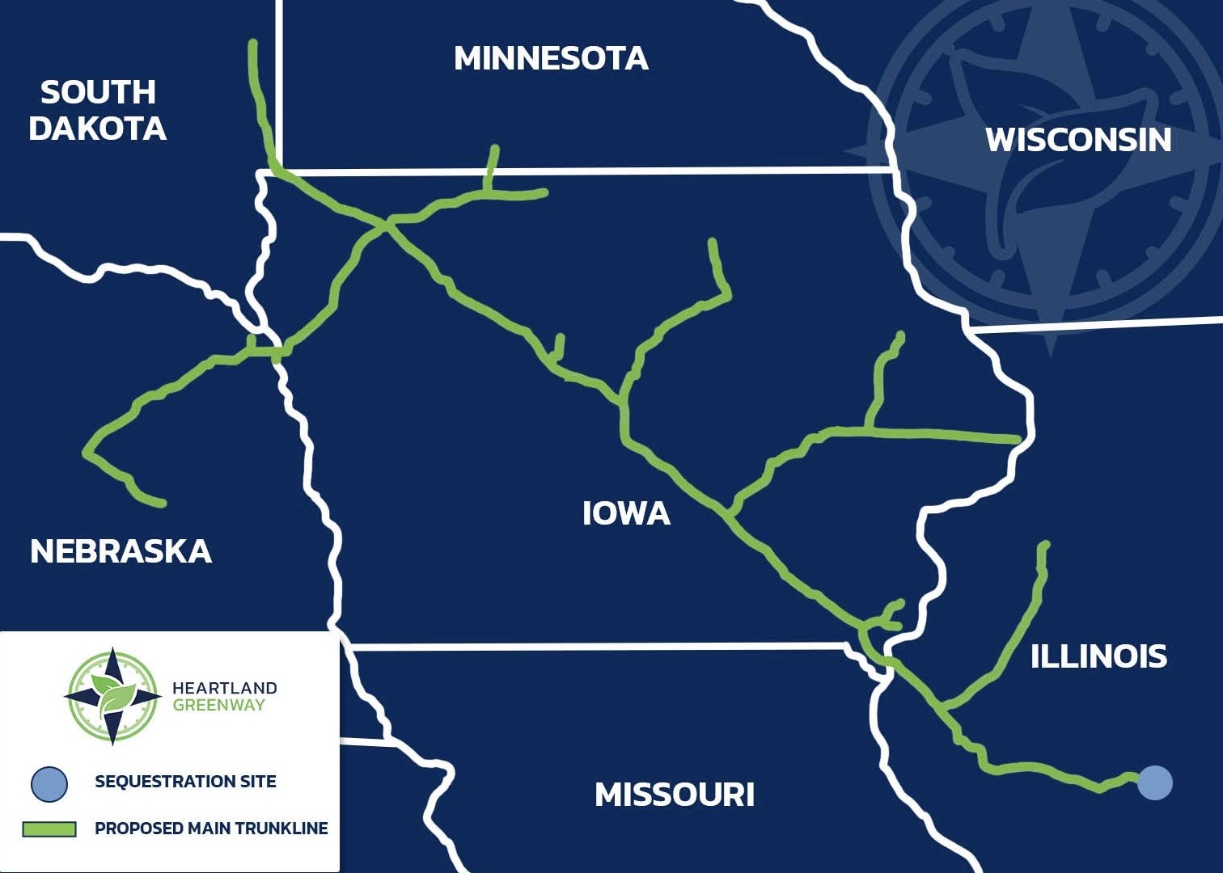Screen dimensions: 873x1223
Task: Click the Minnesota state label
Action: [x=551, y=58]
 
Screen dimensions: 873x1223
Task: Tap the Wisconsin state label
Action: [x=1078, y=140]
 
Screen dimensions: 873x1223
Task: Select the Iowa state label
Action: [x=626, y=513]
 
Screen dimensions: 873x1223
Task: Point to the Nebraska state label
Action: [x=121, y=551]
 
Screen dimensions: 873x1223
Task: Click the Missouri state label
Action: [x=675, y=795]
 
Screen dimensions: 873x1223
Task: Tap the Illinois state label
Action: [x=1098, y=656]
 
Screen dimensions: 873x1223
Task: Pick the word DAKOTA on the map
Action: [x=97, y=129]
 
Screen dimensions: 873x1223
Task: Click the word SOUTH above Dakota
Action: [x=98, y=92]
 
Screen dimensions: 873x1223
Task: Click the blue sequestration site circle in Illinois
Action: [x=1154, y=782]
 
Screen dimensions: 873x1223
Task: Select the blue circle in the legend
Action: [x=49, y=782]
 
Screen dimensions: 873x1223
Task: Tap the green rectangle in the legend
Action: [x=49, y=829]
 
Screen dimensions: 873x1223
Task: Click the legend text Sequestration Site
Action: [x=185, y=782]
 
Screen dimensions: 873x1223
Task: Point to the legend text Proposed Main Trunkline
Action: [x=211, y=829]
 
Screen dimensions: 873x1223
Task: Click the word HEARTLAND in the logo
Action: [x=224, y=688]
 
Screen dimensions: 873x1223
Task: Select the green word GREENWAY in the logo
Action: [x=218, y=705]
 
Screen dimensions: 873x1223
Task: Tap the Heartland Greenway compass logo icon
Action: [x=112, y=696]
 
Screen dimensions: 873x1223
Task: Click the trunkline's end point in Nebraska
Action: [x=163, y=504]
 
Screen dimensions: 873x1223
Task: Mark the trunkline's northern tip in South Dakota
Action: [x=253, y=43]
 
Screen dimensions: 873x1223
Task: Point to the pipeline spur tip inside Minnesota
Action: [x=495, y=149]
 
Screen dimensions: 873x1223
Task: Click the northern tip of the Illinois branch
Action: [x=1045, y=545]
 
